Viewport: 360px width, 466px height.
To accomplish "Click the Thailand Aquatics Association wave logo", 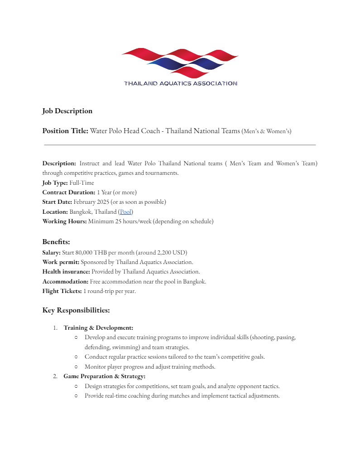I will click(x=180, y=62).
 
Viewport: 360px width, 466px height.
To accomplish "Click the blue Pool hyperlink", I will click(x=126, y=211).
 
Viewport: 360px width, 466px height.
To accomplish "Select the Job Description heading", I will click(x=67, y=111).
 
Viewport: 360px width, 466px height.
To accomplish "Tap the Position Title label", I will click(x=65, y=131).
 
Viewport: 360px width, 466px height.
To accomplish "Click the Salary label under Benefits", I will click(x=51, y=252).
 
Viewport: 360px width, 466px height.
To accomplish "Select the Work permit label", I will click(x=61, y=262).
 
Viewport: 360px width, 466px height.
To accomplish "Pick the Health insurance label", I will click(x=66, y=272).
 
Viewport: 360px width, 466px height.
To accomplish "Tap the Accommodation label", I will click(x=65, y=282).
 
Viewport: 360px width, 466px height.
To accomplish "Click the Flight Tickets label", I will click(x=62, y=291).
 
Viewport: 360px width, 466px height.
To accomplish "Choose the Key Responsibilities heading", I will click(x=76, y=311).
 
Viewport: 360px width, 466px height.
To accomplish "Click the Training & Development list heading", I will click(x=98, y=327).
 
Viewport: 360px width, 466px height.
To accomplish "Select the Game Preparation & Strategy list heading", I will click(x=104, y=376).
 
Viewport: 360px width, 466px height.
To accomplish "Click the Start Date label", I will click(x=57, y=202).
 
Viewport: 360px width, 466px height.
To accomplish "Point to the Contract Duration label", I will click(x=69, y=192).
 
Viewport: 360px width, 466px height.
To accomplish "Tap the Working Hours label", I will click(x=64, y=221).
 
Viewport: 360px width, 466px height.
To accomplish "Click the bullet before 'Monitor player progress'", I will click(x=76, y=367).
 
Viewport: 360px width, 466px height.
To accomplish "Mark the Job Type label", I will click(x=55, y=183).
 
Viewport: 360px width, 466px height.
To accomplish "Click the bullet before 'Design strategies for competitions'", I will click(x=76, y=386).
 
